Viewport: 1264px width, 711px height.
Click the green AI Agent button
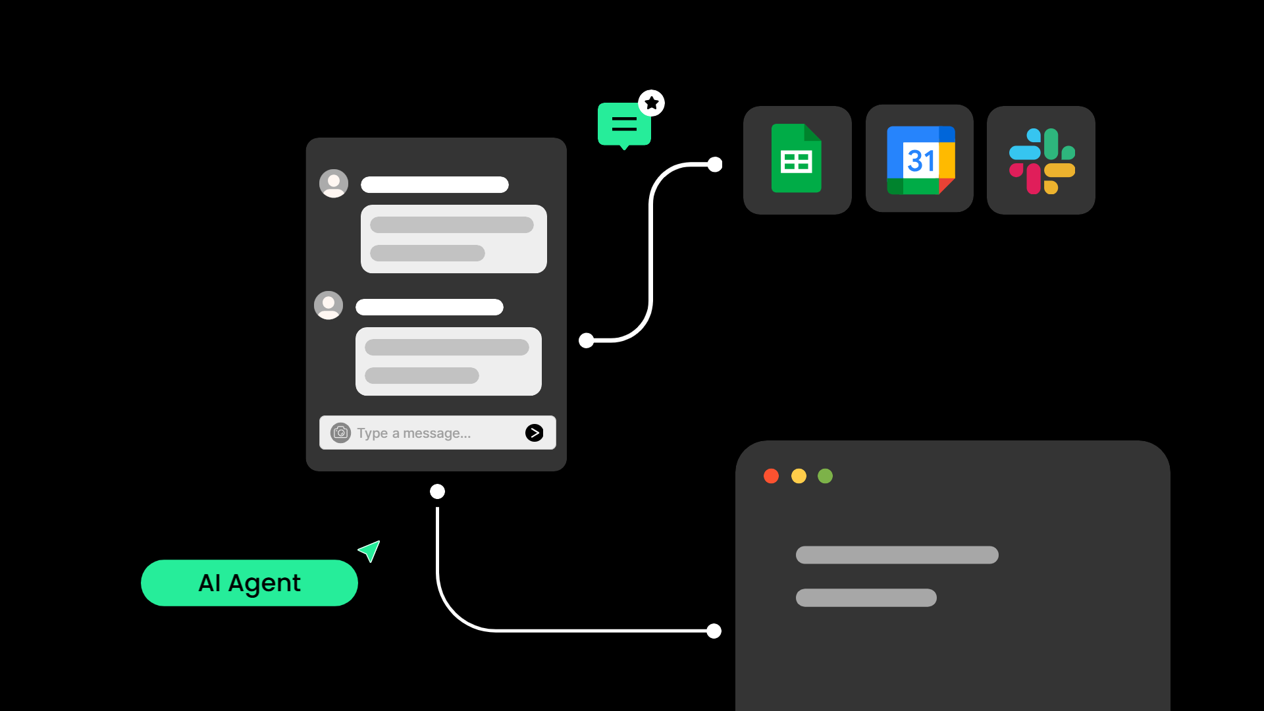coord(250,583)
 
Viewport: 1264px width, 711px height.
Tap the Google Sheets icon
coord(797,159)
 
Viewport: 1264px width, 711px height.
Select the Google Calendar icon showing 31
coord(920,160)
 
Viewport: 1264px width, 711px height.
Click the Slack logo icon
coord(1041,161)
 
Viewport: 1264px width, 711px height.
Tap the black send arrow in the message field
coord(535,433)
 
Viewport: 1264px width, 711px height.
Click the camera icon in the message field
coord(340,433)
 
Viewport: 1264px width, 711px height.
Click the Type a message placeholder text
coord(414,433)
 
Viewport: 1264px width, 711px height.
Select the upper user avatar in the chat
coord(334,184)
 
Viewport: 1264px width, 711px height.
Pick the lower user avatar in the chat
coord(329,305)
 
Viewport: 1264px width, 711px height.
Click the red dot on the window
coord(771,476)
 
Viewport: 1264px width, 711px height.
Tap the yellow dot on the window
coord(799,476)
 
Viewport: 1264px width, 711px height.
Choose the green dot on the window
coord(825,476)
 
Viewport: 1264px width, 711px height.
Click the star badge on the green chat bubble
coord(652,103)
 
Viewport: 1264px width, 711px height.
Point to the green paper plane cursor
coord(370,550)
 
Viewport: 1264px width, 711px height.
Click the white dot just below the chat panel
coord(437,492)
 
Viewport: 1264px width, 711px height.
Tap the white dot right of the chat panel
coord(586,340)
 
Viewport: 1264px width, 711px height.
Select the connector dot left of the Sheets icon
coord(715,165)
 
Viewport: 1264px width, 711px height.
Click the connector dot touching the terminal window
coord(714,631)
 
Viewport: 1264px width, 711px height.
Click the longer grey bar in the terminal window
coord(897,555)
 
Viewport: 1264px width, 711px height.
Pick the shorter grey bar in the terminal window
coord(866,598)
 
